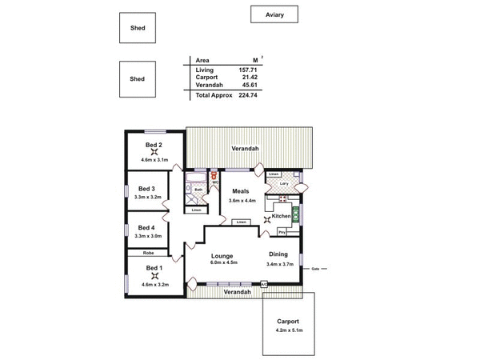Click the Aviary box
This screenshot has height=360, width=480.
tap(274, 14)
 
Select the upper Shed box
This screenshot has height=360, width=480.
tap(138, 27)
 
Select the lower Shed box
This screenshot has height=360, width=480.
tap(138, 79)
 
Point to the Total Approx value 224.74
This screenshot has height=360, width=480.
tap(251, 95)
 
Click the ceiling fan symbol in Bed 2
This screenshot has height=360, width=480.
tap(154, 154)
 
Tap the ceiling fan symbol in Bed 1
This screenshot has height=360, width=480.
tap(154, 276)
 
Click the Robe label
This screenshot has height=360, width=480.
tap(138, 252)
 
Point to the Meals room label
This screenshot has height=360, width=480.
tap(241, 191)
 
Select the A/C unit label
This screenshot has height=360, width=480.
tap(264, 284)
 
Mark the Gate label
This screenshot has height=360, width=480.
tap(315, 270)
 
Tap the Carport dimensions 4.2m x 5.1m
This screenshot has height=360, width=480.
tap(288, 330)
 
